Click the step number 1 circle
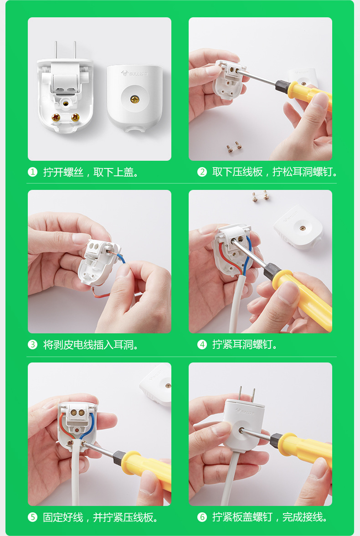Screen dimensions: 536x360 click(32, 172)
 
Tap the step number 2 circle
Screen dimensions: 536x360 click(202, 172)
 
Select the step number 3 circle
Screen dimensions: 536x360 click(32, 345)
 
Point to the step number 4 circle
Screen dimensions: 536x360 click(202, 345)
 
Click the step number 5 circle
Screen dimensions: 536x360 click(32, 517)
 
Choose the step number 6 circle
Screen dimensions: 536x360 click(202, 517)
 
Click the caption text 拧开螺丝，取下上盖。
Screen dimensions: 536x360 click(91, 172)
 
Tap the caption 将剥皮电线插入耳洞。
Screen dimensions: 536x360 click(91, 345)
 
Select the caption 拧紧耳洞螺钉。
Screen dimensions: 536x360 click(245, 345)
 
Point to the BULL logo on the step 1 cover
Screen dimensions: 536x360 click(132, 73)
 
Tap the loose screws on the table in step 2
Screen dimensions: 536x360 click(234, 148)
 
